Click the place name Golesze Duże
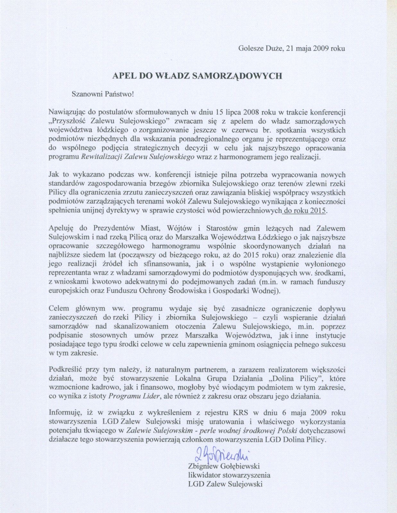(259, 48)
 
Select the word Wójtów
(175, 228)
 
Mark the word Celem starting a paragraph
(59, 308)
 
